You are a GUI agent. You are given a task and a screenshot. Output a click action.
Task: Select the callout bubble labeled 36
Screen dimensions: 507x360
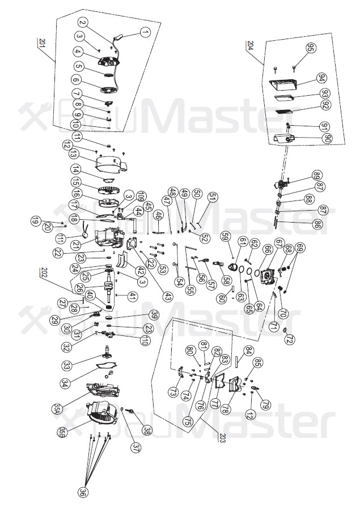click(x=83, y=492)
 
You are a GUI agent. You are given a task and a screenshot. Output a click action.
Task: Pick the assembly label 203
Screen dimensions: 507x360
click(x=222, y=437)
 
